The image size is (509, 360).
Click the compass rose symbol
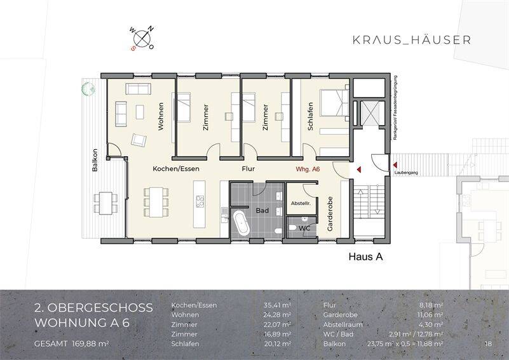pyautogui.click(x=143, y=39)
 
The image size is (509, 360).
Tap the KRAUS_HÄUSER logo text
pyautogui.click(x=411, y=40)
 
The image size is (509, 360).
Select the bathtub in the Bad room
pyautogui.click(x=241, y=223)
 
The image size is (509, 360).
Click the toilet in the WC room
pyautogui.click(x=293, y=227)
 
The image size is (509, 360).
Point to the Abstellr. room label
pyautogui.click(x=300, y=203)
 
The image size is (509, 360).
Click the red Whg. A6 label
pyautogui.click(x=308, y=170)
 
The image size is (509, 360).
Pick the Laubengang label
pyautogui.click(x=405, y=172)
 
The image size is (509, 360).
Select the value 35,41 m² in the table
pyautogui.click(x=277, y=305)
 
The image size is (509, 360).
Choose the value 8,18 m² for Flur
pyautogui.click(x=431, y=305)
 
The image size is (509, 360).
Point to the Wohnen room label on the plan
pyautogui.click(x=161, y=116)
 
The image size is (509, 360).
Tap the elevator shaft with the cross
pyautogui.click(x=367, y=115)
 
